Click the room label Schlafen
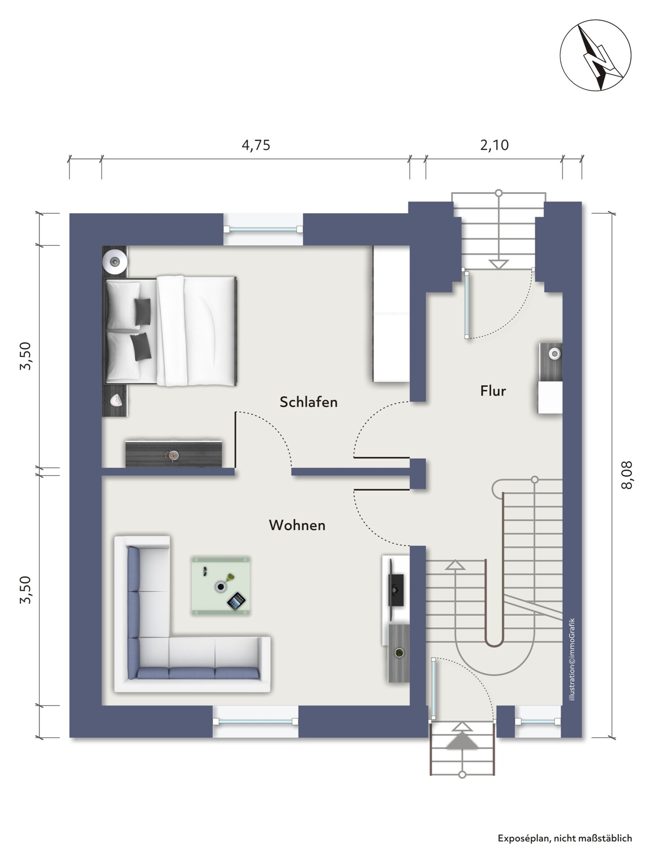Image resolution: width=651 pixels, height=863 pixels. pyautogui.click(x=308, y=402)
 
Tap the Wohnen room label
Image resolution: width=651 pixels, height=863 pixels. pyautogui.click(x=297, y=525)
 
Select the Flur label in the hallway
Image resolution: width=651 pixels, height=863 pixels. pyautogui.click(x=493, y=391)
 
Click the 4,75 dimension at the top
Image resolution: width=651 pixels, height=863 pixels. pyautogui.click(x=256, y=145)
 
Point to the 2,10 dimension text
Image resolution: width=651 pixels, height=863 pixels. pyautogui.click(x=494, y=145)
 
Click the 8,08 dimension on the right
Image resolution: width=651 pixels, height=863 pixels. pyautogui.click(x=627, y=475)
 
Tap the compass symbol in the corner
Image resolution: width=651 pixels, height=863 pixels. pyautogui.click(x=595, y=55)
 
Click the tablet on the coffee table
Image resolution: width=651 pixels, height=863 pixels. pyautogui.click(x=236, y=601)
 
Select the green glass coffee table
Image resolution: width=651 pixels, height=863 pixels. pyautogui.click(x=221, y=586)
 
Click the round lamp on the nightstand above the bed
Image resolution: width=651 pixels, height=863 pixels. pyautogui.click(x=115, y=261)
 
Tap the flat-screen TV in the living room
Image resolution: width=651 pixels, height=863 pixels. pyautogui.click(x=395, y=583)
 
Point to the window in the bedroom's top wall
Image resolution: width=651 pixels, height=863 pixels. pyautogui.click(x=263, y=229)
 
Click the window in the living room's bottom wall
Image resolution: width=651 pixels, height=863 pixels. pyautogui.click(x=255, y=721)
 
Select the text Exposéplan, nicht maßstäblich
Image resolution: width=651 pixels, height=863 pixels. pyautogui.click(x=565, y=838)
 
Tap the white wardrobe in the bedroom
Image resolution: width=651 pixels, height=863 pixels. pyautogui.click(x=391, y=314)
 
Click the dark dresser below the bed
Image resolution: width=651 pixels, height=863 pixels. pyautogui.click(x=174, y=454)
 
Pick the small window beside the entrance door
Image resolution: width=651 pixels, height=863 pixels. pyautogui.click(x=538, y=721)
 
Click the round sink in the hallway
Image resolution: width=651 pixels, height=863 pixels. pyautogui.click(x=555, y=354)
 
